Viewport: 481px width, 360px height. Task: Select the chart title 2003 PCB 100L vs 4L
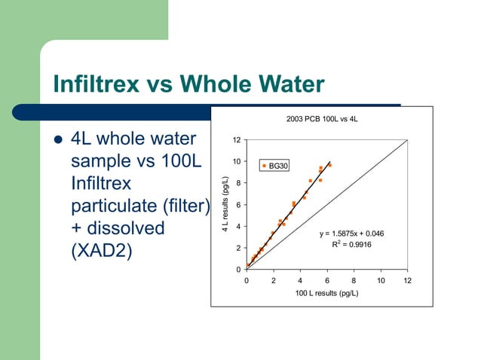[322, 117]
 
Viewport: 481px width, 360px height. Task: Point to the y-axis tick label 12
[237, 140]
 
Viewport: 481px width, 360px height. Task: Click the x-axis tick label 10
[381, 281]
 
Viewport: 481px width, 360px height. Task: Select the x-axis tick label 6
[327, 281]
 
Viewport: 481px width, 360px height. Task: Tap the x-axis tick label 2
[274, 281]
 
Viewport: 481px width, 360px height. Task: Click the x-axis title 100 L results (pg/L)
[326, 293]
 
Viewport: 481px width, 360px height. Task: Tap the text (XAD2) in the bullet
[101, 250]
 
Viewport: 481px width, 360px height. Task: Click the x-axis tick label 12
[408, 281]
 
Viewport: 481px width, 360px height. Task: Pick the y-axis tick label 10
[237, 161]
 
